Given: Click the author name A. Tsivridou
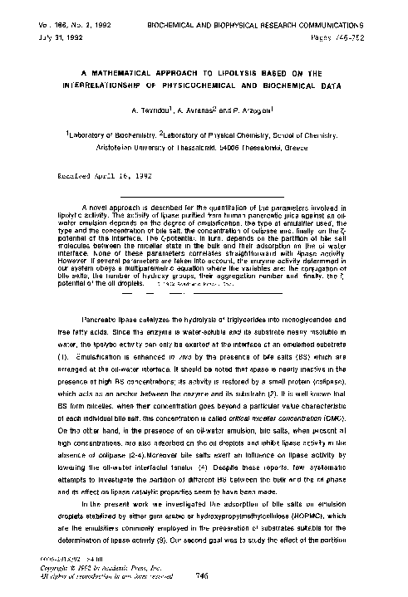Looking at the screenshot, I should coord(146,110).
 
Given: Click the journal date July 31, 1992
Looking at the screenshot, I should coord(28,16).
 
